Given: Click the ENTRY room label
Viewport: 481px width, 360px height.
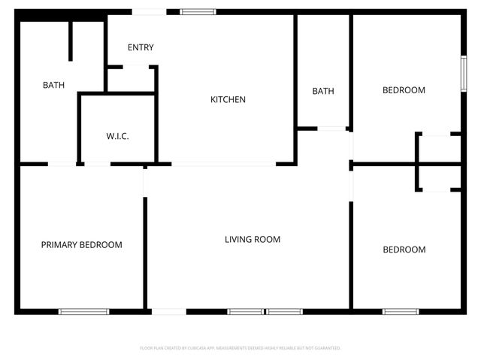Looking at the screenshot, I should (x=141, y=47).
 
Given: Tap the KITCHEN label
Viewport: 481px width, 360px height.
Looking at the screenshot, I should (x=228, y=99).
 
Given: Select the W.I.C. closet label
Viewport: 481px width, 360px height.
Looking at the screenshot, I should (x=117, y=136).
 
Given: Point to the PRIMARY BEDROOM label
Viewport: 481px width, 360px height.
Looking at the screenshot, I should (x=81, y=244).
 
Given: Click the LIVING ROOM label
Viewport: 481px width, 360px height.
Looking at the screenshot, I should (x=253, y=239).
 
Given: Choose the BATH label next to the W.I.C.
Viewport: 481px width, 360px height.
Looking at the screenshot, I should (x=53, y=85).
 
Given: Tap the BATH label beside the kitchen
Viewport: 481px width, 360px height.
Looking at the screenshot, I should (x=323, y=91).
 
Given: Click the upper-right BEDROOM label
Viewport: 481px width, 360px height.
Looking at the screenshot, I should (x=404, y=90).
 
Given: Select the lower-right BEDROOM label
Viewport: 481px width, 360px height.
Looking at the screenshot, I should (x=404, y=250).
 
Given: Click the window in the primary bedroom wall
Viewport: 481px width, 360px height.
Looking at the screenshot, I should (x=83, y=311).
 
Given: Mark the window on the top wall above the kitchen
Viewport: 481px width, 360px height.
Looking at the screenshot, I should (x=198, y=11).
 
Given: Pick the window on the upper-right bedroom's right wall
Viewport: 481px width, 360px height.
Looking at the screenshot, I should (x=464, y=74).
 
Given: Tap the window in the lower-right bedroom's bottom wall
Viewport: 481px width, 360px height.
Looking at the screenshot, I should (x=401, y=311).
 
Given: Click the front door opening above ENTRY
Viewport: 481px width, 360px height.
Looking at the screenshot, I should (x=150, y=11).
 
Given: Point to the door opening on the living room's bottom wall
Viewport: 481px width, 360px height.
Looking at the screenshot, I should (x=168, y=311).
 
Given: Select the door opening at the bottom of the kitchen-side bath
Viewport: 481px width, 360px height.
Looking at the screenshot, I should (x=331, y=129).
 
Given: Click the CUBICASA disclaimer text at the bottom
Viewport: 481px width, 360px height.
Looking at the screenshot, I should (x=240, y=348).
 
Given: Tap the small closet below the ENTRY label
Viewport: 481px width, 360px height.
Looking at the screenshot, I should (x=132, y=79).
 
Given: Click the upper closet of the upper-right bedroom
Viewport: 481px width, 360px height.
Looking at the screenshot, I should (x=439, y=148).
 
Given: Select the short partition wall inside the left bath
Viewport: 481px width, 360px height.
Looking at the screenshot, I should (x=71, y=41).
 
